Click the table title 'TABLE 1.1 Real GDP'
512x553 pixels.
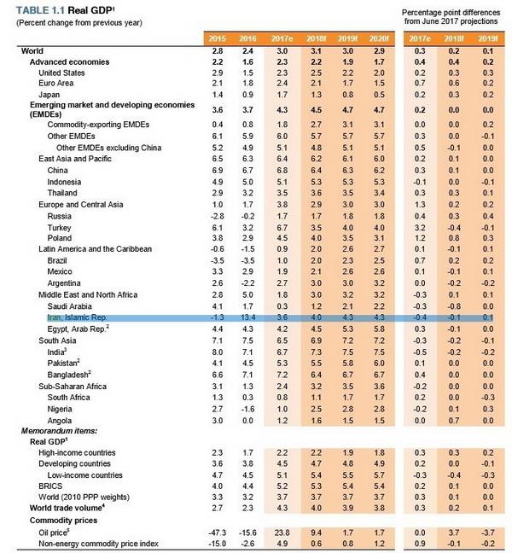point(65,10)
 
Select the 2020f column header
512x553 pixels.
point(379,38)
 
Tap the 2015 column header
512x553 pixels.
point(218,38)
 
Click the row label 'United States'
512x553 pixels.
point(61,73)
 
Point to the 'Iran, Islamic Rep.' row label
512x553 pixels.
point(77,317)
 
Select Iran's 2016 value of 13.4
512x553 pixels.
point(247,317)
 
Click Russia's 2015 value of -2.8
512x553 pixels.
point(218,216)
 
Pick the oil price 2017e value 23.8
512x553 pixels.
point(282,533)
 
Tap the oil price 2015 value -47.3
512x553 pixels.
point(218,533)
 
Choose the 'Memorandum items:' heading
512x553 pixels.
point(59,431)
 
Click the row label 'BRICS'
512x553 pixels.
point(50,486)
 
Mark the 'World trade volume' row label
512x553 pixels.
point(67,508)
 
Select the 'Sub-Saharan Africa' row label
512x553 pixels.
point(73,387)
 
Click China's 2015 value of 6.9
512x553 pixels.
point(218,171)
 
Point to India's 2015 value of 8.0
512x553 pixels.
point(218,352)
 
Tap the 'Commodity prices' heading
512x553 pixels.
point(63,521)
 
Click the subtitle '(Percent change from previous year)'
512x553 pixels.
point(79,23)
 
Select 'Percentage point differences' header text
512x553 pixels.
point(451,12)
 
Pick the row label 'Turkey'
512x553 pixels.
point(59,228)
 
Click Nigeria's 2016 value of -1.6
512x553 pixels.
point(247,409)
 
